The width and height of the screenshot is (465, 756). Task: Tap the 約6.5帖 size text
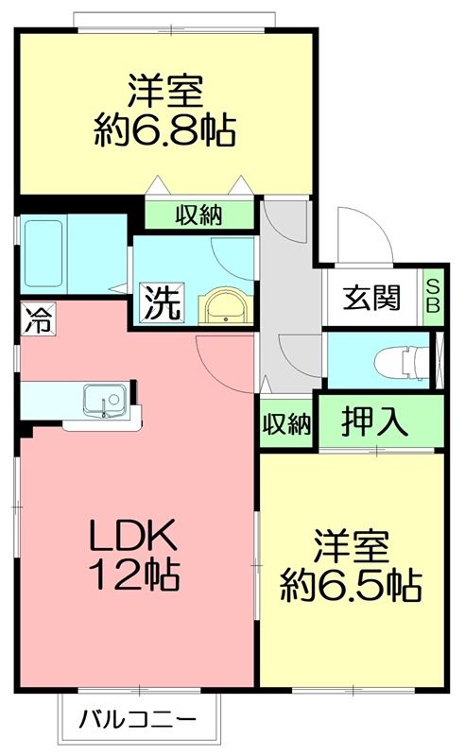click(351, 587)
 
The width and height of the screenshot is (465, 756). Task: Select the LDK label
click(133, 538)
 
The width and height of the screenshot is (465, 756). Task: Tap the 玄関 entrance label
click(371, 297)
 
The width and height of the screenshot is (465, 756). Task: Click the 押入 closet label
click(375, 421)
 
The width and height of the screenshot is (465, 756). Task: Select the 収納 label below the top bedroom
click(198, 215)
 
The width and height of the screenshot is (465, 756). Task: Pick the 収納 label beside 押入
click(286, 424)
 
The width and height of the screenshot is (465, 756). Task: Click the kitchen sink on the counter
click(103, 400)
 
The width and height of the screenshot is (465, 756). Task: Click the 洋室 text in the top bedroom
click(164, 92)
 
